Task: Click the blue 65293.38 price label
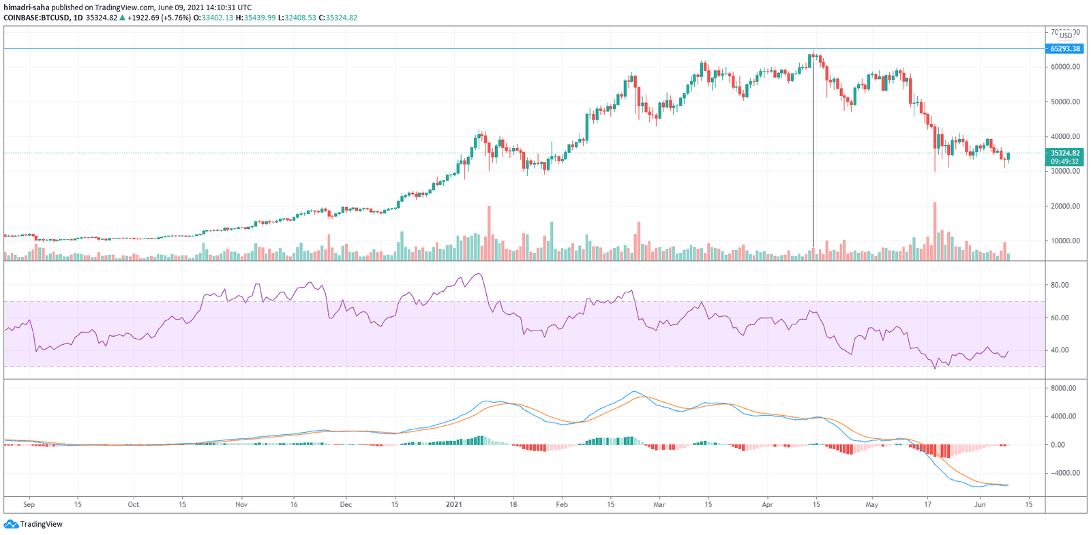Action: (x=1064, y=49)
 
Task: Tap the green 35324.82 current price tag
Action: (x=1064, y=153)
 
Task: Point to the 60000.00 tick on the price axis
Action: (x=1064, y=67)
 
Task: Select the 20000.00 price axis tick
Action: (x=1064, y=206)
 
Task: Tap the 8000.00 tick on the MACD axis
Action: (x=1063, y=388)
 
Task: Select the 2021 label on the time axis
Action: (x=454, y=505)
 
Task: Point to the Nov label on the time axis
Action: (x=241, y=505)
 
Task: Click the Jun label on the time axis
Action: (x=980, y=505)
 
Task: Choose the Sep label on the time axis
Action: (x=29, y=505)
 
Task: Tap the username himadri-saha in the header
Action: (x=27, y=7)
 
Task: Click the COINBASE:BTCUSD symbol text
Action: (x=36, y=18)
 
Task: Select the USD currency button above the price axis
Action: (x=1065, y=35)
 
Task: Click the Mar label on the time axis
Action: (x=659, y=505)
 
